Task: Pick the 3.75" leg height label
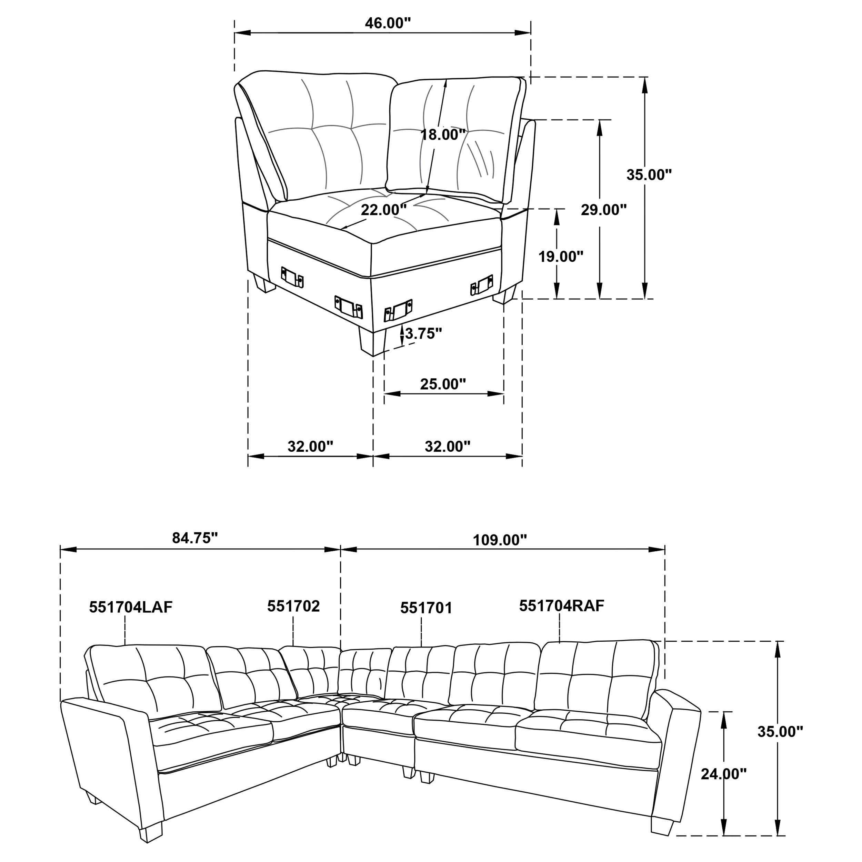coord(423,333)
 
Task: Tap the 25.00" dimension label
coord(443,384)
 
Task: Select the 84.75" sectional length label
coord(194,538)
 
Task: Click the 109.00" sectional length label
coord(500,540)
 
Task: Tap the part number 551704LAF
coord(130,607)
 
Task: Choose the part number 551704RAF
coord(561,605)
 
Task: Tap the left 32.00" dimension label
coord(310,446)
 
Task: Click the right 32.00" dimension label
coord(447,446)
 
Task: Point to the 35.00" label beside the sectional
coord(780,731)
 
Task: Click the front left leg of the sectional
coord(150,831)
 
